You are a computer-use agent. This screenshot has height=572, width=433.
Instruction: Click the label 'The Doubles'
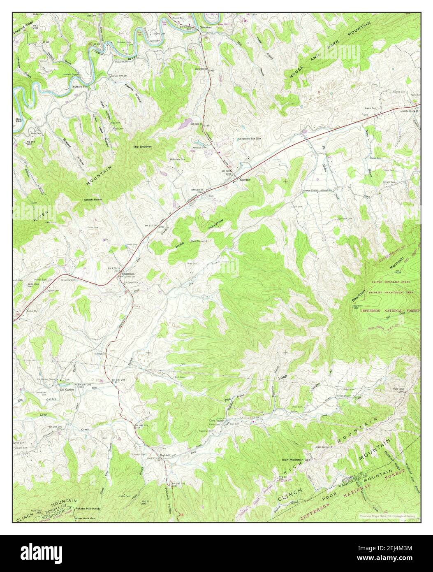click(x=142, y=146)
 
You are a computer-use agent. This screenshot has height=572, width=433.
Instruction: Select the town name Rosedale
click(x=243, y=179)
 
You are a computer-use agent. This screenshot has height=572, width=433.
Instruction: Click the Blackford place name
click(x=206, y=28)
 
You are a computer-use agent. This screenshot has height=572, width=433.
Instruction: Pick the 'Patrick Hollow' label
click(x=133, y=94)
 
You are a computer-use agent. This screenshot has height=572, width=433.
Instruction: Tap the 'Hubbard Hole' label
click(x=81, y=87)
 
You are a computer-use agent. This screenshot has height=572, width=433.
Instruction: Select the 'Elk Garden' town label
click(x=69, y=389)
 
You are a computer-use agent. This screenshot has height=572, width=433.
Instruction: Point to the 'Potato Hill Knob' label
click(x=87, y=509)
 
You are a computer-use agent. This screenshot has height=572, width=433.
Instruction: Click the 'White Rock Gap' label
click(x=85, y=519)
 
